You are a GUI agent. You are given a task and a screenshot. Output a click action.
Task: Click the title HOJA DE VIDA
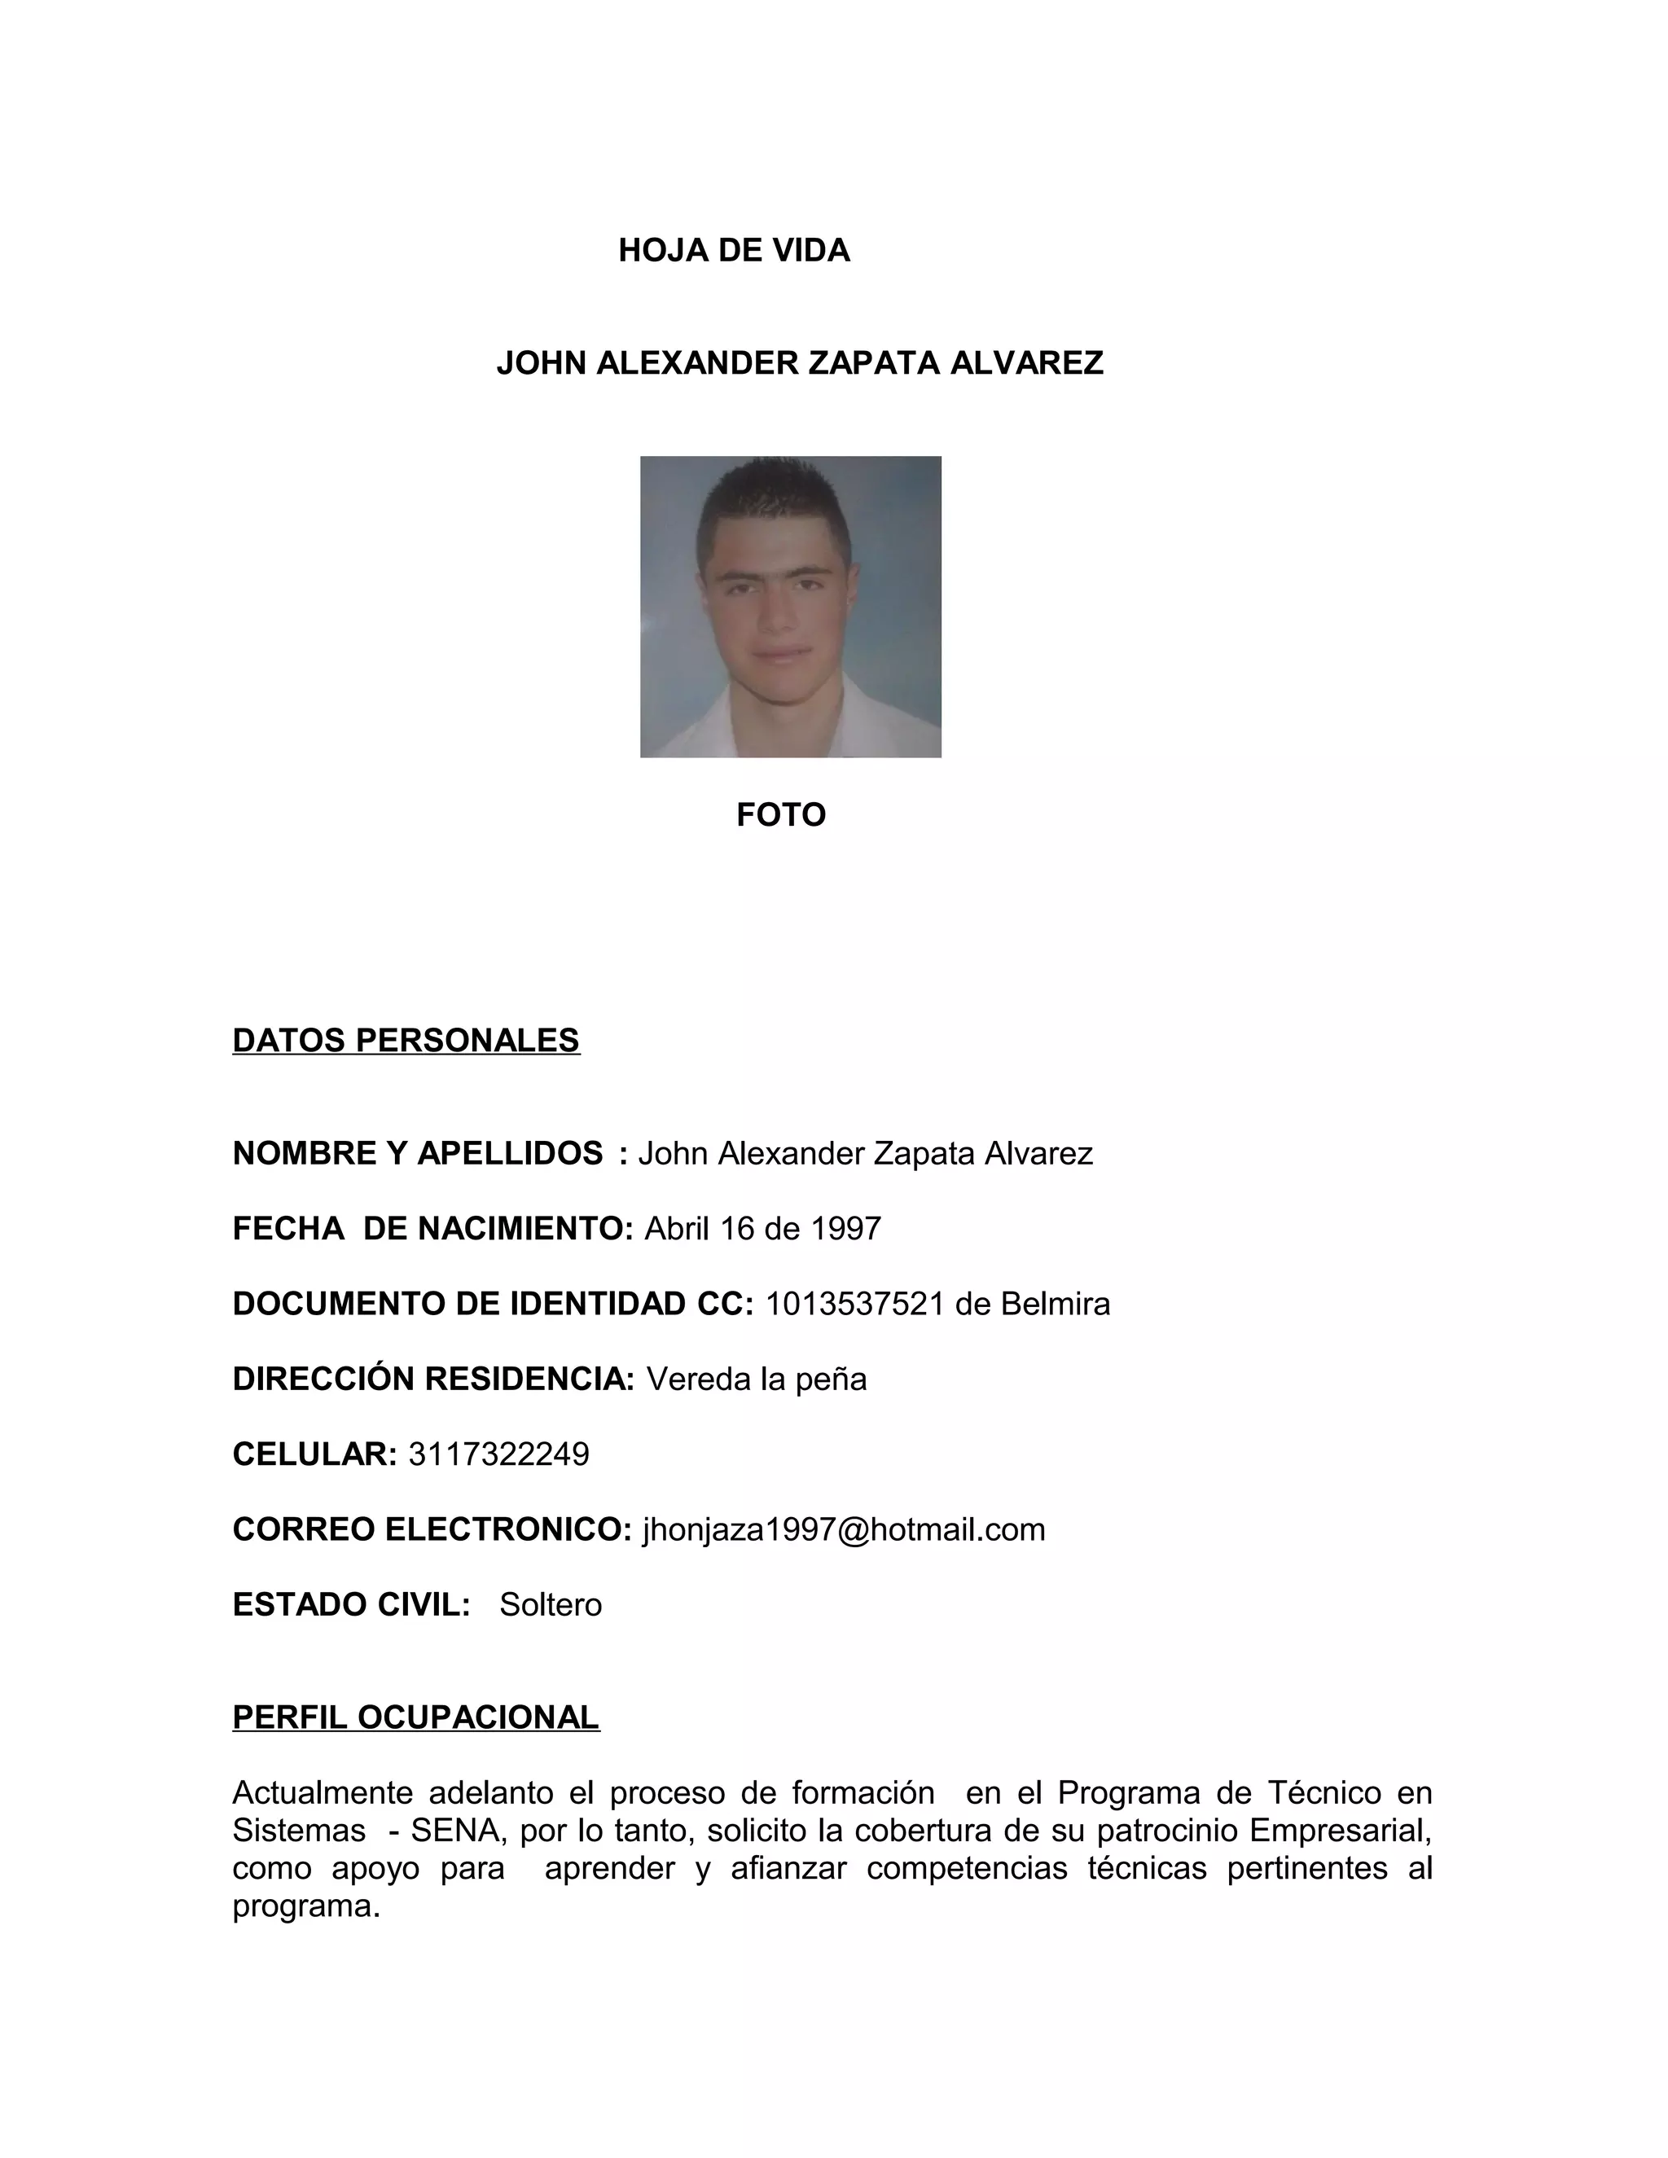[733, 251]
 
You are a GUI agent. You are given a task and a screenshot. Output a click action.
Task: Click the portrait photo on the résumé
[791, 607]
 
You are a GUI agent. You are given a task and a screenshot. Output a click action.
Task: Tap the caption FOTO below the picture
[780, 815]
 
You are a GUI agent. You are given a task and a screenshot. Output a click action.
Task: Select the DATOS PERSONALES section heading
[406, 1041]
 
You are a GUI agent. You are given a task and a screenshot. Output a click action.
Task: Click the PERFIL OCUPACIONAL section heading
[416, 1717]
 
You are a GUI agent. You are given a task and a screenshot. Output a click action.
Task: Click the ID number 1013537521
[854, 1305]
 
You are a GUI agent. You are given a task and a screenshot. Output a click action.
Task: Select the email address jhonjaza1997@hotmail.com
[843, 1529]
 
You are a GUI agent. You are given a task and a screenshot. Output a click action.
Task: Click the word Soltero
[551, 1605]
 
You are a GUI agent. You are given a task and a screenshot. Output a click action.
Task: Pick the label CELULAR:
[314, 1454]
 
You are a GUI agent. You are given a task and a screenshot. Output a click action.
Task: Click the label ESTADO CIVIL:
[351, 1605]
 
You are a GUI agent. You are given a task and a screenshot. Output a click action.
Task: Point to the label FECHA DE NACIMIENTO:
[432, 1228]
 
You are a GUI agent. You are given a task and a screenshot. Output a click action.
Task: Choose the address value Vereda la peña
[756, 1379]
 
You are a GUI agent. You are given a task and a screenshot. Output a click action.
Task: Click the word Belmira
[1056, 1305]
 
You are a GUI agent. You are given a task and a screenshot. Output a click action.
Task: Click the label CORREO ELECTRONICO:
[432, 1529]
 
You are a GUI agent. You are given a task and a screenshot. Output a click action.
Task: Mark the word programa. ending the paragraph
[306, 1906]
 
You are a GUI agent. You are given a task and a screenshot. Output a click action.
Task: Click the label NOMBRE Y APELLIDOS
[417, 1153]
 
